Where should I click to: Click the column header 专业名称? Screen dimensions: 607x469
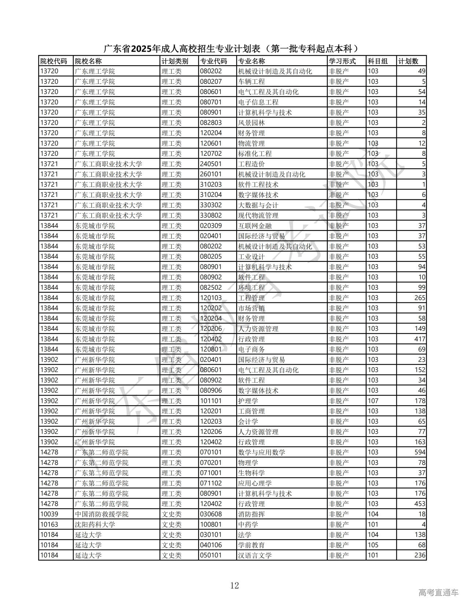pos(251,61)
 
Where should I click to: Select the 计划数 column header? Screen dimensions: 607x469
pos(408,61)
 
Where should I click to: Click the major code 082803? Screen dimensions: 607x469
pos(211,123)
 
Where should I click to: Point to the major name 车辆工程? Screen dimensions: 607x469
pos(251,82)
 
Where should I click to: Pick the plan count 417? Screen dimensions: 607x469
pos(420,339)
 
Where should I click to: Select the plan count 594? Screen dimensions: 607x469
pos(420,452)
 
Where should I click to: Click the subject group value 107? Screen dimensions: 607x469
pos(373,401)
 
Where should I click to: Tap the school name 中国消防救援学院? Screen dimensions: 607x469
pos(101,514)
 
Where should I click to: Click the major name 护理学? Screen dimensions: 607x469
pos(248,401)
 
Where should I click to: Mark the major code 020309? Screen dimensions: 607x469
pos(211,226)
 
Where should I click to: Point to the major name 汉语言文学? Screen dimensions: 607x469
pos(255,555)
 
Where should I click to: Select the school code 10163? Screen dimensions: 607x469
pos(49,525)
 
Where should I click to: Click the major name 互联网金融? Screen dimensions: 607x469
pos(255,226)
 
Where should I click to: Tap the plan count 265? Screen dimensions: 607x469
pos(420,298)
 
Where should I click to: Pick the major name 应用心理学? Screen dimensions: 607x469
pos(255,483)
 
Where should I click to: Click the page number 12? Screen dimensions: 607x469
pos(234,585)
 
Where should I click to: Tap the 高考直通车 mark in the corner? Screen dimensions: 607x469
pos(438,592)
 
